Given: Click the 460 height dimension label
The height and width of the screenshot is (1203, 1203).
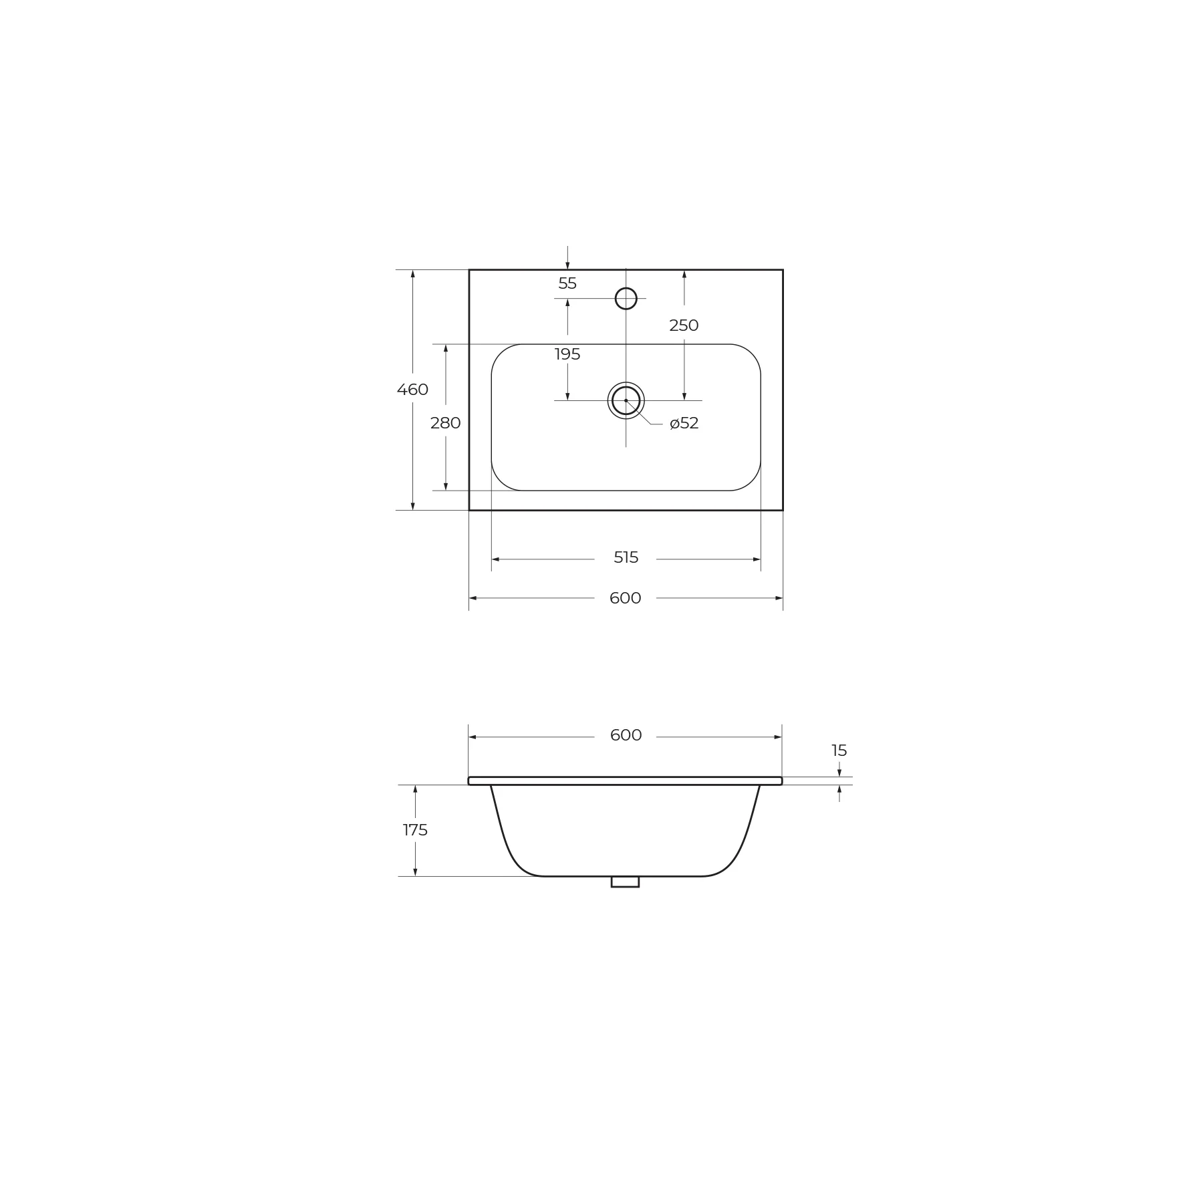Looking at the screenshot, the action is (412, 390).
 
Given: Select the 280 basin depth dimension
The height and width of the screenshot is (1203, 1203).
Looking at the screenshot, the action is (446, 423).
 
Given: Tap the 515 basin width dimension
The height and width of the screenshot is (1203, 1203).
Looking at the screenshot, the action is (626, 557).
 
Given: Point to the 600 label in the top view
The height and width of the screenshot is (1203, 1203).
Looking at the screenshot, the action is (626, 598).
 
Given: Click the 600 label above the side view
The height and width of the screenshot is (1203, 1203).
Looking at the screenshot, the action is (626, 735).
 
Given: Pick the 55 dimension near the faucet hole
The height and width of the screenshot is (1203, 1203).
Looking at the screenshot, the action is (567, 283).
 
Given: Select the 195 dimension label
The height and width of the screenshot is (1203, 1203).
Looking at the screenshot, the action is (567, 354).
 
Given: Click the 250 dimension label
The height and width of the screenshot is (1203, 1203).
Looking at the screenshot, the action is (684, 325).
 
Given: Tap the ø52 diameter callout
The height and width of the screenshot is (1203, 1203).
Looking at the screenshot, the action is (684, 423).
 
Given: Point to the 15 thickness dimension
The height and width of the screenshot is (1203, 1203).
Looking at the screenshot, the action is (839, 751).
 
